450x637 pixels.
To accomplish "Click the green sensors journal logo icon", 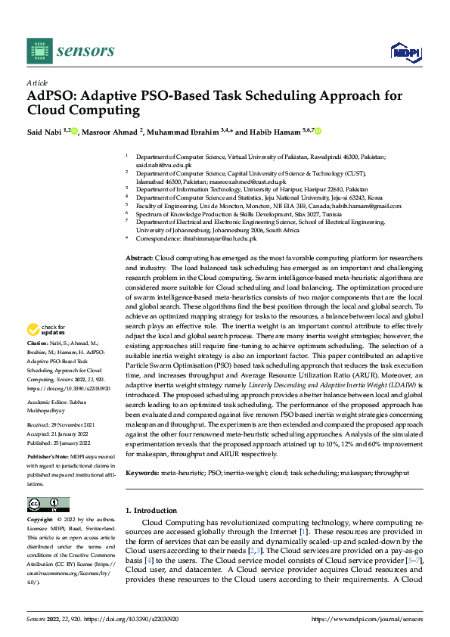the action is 39,51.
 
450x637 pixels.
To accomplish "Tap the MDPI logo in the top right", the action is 404,51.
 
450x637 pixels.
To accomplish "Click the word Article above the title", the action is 37,82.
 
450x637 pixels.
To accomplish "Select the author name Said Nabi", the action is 45,131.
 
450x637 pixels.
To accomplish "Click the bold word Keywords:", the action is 142,473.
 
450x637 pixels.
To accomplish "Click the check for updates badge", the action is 45,331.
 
